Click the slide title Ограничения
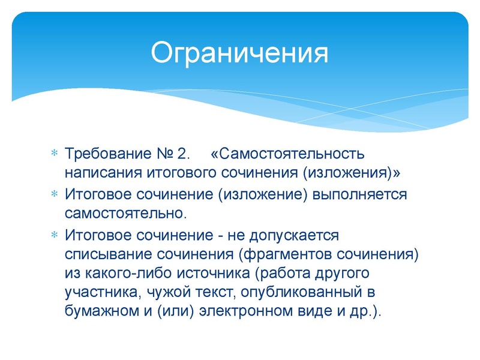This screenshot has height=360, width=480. (239, 52)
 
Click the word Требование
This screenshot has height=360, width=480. (106, 154)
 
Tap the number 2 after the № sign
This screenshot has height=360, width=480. (184, 154)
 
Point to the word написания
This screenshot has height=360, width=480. (103, 173)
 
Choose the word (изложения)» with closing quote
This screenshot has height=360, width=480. (352, 173)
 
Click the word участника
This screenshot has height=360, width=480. (96, 293)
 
